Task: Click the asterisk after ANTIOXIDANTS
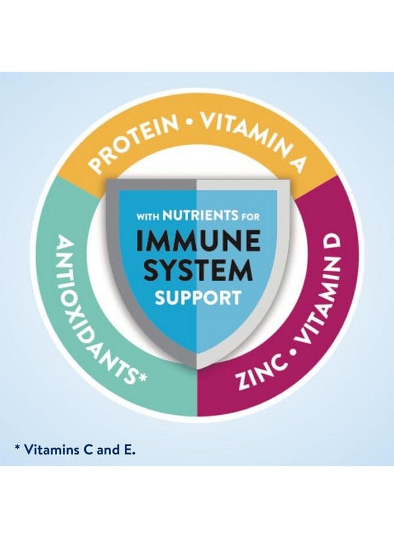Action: pyautogui.click(x=142, y=377)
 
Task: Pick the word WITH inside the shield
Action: pyautogui.click(x=148, y=217)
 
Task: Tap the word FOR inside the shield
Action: pyautogui.click(x=251, y=217)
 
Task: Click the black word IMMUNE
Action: pyautogui.click(x=198, y=242)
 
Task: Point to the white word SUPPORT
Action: pyautogui.click(x=198, y=298)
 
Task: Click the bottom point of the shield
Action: pyautogui.click(x=197, y=368)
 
